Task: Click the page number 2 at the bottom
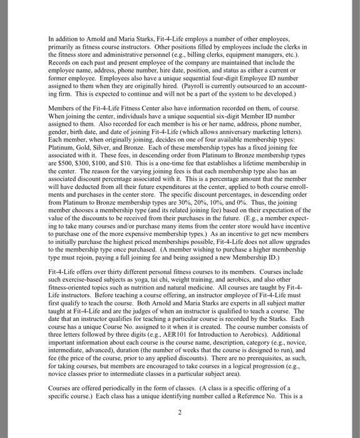tap(179, 412)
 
